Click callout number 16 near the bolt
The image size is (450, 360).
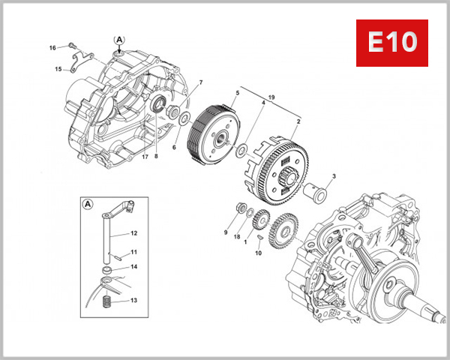pos(52,48)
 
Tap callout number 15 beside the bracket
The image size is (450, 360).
pos(58,70)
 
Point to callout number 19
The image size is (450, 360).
pos(271,97)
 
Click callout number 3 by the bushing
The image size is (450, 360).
pos(334,177)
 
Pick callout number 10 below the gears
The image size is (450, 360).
pos(259,253)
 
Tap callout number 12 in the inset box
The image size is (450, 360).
pos(133,233)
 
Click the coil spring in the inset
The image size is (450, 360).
pos(106,303)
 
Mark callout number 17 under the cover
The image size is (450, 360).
pos(145,157)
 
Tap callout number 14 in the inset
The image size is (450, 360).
pos(133,266)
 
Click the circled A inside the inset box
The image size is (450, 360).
pos(88,203)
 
